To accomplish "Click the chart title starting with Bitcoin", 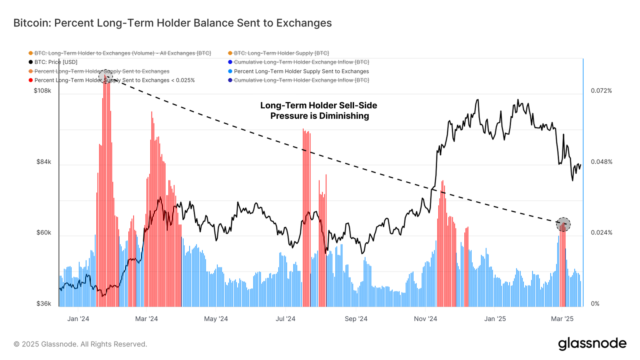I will pyautogui.click(x=172, y=23).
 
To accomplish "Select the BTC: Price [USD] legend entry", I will pyautogui.click(x=56, y=62).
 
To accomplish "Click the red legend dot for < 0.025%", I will pyautogui.click(x=31, y=80).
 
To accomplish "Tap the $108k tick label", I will pyautogui.click(x=42, y=91).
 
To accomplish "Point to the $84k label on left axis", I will pyautogui.click(x=44, y=162).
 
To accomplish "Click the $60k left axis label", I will pyautogui.click(x=44, y=232).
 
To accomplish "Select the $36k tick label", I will pyautogui.click(x=44, y=304).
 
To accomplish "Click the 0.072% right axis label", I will pyautogui.click(x=601, y=91).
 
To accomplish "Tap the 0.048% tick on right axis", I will pyautogui.click(x=601, y=162).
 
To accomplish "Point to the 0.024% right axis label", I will pyautogui.click(x=601, y=232).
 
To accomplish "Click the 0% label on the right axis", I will pyautogui.click(x=595, y=304).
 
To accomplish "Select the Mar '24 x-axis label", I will pyautogui.click(x=146, y=319).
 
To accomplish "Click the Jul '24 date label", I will pyautogui.click(x=286, y=319).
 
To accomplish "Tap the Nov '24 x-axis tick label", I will pyautogui.click(x=425, y=319).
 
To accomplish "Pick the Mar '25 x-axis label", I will pyautogui.click(x=562, y=319).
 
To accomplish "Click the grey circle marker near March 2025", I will pyautogui.click(x=563, y=224).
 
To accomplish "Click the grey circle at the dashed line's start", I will pyautogui.click(x=105, y=76).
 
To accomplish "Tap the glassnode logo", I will pyautogui.click(x=592, y=344).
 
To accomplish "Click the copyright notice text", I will pyautogui.click(x=80, y=344).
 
